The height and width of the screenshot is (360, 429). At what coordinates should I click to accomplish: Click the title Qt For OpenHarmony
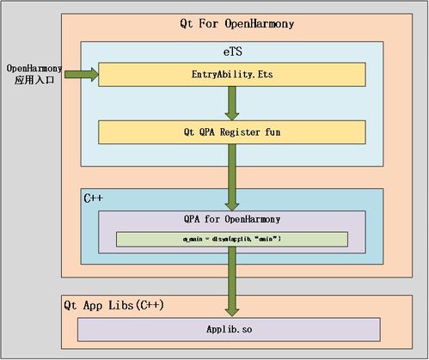[x=231, y=23]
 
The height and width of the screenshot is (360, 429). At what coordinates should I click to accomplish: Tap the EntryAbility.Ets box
[x=230, y=75]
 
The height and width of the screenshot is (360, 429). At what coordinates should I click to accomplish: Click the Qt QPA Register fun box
[x=230, y=132]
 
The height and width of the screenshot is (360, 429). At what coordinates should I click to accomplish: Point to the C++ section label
[x=94, y=198]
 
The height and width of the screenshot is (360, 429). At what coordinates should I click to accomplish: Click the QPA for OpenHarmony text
[x=232, y=219]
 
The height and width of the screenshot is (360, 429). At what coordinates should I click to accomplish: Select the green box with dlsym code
[x=231, y=239]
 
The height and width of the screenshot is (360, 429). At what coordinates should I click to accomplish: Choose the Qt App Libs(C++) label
[x=114, y=306]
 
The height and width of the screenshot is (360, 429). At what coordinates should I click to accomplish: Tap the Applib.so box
[x=230, y=329]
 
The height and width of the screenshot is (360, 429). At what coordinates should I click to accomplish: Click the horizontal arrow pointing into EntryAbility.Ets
[x=79, y=75]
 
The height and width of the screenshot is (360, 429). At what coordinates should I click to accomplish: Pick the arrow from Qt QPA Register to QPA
[x=231, y=176]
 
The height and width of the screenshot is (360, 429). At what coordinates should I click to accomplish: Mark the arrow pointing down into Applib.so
[x=231, y=284]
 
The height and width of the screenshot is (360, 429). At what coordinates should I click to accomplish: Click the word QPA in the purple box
[x=193, y=219]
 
